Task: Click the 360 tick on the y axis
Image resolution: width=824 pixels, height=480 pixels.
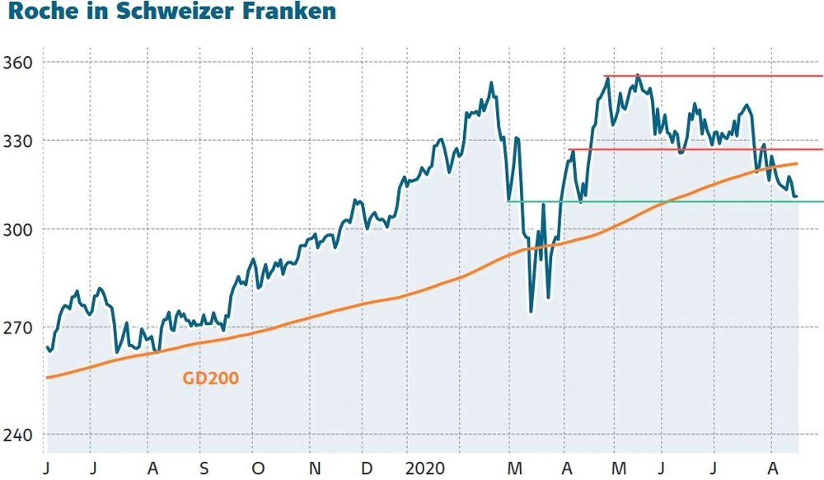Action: click(x=19, y=63)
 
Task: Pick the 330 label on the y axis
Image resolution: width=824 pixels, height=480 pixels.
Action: click(x=19, y=141)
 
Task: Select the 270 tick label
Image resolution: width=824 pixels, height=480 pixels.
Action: click(x=19, y=327)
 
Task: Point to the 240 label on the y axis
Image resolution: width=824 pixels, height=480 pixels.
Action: click(x=19, y=435)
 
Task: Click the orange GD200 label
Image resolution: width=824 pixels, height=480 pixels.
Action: click(x=210, y=379)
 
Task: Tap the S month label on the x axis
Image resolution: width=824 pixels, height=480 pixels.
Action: click(x=204, y=467)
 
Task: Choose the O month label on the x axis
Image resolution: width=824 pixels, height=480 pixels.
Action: click(x=258, y=467)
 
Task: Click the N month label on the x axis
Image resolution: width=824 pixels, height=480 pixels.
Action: click(x=314, y=467)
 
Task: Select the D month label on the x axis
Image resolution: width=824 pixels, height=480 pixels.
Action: click(x=366, y=467)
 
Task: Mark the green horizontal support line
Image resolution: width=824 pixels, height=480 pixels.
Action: click(x=659, y=201)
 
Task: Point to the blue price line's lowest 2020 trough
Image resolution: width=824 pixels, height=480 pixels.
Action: click(x=531, y=311)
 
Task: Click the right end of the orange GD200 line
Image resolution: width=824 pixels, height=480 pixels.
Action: click(x=796, y=163)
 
